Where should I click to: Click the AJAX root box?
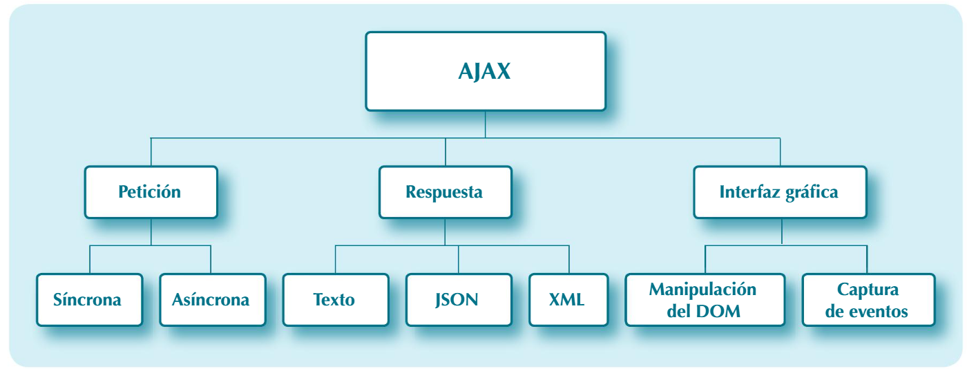(486, 71)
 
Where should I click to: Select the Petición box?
(151, 192)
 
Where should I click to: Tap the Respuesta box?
(445, 192)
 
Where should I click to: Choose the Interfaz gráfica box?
(780, 192)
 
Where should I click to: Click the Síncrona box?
(89, 300)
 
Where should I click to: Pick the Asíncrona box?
(212, 300)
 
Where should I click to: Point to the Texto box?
(336, 300)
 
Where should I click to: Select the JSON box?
(459, 300)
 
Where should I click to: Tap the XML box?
(568, 300)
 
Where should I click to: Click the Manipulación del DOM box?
(705, 300)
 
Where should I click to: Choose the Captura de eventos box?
(868, 300)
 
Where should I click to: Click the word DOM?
(718, 312)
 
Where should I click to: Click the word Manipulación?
(702, 289)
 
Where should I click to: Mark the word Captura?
(868, 289)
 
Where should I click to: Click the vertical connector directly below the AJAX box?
(486, 124)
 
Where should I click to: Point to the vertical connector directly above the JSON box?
(459, 260)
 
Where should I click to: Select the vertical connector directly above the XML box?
(569, 260)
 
